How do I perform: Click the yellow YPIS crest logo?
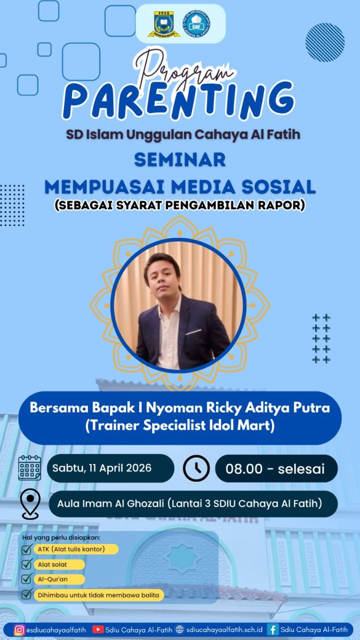click(164, 24)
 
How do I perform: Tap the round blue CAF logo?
click(196, 25)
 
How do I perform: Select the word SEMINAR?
click(180, 159)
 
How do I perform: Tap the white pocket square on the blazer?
click(194, 332)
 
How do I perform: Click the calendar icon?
click(30, 468)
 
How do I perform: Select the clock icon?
click(196, 468)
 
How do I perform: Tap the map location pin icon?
click(30, 503)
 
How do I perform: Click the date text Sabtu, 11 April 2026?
click(102, 468)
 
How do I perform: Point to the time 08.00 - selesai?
click(275, 469)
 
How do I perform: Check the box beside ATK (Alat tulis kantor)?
click(27, 549)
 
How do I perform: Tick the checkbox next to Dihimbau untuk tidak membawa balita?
click(27, 594)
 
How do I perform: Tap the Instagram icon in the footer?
click(19, 629)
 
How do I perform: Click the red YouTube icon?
click(98, 629)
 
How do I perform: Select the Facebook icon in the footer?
click(273, 629)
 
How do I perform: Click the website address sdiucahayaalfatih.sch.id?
click(225, 629)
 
